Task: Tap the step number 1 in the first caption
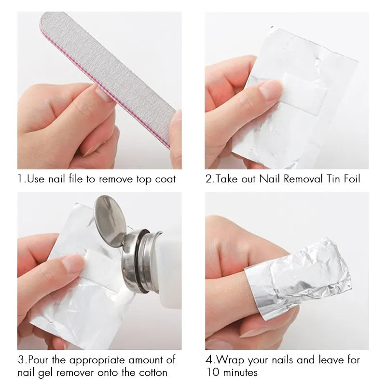(x=20, y=179)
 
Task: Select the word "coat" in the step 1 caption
(x=165, y=179)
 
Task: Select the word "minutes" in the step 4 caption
(x=239, y=372)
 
